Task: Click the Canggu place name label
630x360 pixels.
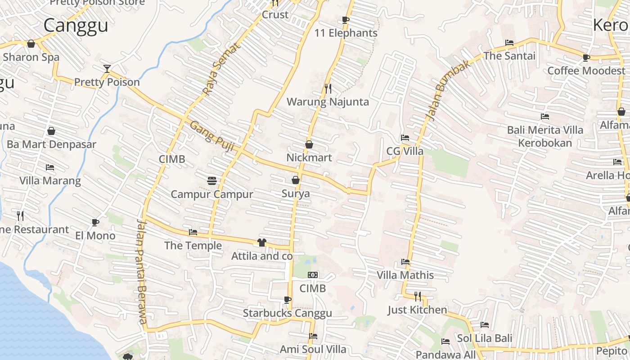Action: coord(76,25)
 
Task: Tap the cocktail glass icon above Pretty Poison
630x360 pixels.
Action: coord(107,69)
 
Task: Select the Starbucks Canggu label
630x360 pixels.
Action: coord(288,313)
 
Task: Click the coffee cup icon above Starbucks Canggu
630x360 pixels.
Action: coord(288,300)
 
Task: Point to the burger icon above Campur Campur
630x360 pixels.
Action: coord(212,181)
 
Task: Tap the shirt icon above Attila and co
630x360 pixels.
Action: coord(262,243)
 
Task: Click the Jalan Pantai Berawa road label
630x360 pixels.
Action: coord(142,271)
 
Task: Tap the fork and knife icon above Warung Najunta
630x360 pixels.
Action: coord(328,88)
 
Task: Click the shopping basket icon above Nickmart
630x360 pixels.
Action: coord(309,144)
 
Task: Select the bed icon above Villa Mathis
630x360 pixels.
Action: coord(405,262)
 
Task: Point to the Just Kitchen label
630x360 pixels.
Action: coord(418,310)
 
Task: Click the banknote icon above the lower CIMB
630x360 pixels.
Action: coord(313,275)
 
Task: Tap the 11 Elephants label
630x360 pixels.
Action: coord(346,33)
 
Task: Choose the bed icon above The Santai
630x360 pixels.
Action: coord(509,43)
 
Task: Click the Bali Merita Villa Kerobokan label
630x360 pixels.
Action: coord(545,136)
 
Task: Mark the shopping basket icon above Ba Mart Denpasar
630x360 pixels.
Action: coord(51,131)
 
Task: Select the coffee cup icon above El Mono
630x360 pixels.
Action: coord(95,222)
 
